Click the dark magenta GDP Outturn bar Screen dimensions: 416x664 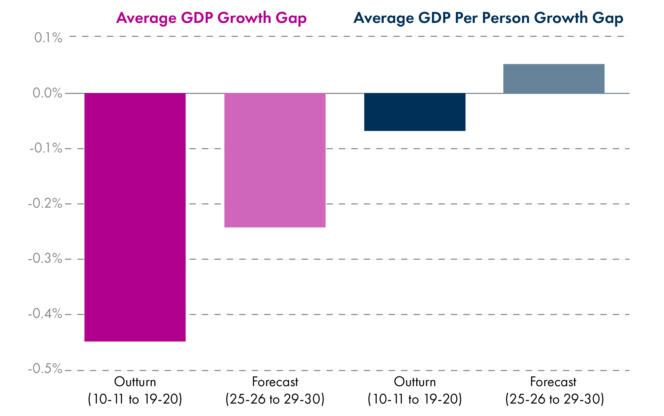[x=135, y=217]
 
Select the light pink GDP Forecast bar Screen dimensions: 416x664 [x=275, y=160]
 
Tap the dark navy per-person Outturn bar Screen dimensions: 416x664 [x=415, y=112]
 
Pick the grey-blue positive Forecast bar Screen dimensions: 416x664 [x=554, y=79]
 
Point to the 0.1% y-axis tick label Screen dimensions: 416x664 [x=48, y=38]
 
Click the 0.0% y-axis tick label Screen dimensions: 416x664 [x=47, y=93]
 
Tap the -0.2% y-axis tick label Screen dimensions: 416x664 [x=45, y=203]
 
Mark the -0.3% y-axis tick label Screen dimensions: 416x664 [x=45, y=258]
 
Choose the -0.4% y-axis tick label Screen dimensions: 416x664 [x=45, y=314]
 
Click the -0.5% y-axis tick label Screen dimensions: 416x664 [x=45, y=369]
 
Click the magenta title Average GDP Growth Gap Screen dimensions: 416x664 [x=211, y=18]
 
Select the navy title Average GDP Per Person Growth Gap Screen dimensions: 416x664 [x=488, y=18]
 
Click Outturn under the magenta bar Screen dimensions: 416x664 [x=135, y=382]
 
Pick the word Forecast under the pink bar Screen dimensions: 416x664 [x=275, y=382]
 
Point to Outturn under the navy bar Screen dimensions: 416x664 [x=415, y=382]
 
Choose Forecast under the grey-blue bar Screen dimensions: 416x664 [x=553, y=382]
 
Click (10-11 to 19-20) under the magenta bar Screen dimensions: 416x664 [x=135, y=399]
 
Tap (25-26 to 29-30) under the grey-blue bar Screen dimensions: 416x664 [x=554, y=399]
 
